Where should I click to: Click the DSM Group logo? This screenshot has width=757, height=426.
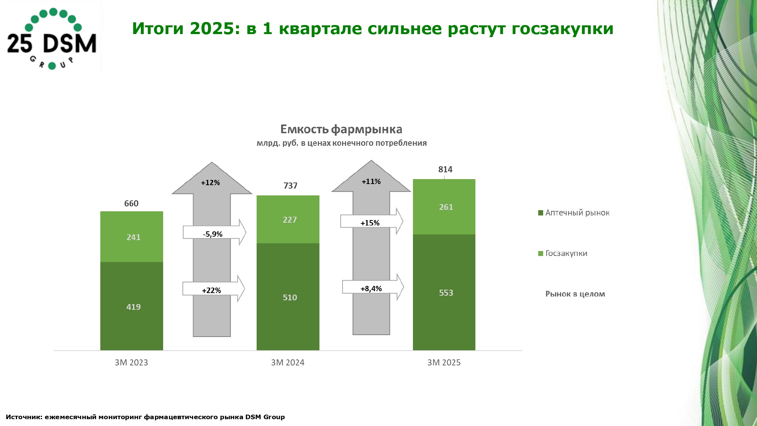click(52, 39)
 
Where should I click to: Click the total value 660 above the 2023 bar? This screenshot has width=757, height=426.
click(131, 204)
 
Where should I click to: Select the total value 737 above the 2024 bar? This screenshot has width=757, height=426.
click(290, 186)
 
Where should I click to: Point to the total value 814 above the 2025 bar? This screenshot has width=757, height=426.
click(445, 170)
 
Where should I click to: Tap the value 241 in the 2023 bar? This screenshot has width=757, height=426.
click(133, 237)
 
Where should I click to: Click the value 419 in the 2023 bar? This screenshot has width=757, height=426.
click(133, 307)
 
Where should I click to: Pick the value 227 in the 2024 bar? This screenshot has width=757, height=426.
click(290, 220)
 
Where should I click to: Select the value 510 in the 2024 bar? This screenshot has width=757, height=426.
click(290, 298)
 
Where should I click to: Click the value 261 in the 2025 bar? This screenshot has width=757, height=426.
click(446, 207)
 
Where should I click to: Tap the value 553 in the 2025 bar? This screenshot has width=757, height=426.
click(446, 293)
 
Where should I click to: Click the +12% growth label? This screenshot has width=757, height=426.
click(210, 183)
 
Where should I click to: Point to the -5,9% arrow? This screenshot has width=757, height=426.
click(214, 232)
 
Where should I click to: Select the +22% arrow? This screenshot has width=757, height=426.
click(213, 289)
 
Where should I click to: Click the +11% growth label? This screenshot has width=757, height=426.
click(371, 182)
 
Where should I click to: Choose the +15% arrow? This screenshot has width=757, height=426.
click(372, 221)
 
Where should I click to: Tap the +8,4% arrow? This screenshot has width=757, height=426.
click(373, 287)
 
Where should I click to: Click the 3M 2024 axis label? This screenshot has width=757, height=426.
click(288, 363)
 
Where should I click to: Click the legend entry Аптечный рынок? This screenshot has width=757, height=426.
click(574, 213)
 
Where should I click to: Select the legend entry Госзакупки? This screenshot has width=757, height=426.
click(563, 253)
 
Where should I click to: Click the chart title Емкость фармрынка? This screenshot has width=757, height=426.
click(341, 130)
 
